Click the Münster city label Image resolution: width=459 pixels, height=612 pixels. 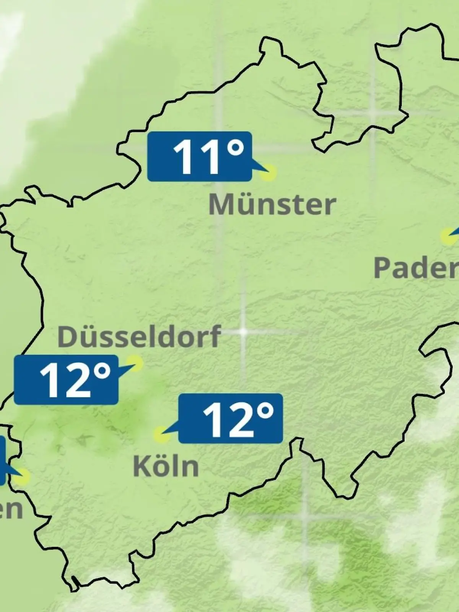coord(272,205)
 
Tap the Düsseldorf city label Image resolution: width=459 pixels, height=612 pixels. coord(139,336)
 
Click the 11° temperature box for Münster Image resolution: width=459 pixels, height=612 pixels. coord(199,156)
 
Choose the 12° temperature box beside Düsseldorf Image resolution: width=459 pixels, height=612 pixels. coord(66,379)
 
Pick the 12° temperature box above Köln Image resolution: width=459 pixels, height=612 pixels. coord(231,418)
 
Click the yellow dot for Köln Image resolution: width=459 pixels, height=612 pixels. coord(161,435)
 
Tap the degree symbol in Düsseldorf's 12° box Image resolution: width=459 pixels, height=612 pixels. coord(103,371)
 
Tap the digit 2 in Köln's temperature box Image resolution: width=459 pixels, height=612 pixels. coord(240,420)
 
